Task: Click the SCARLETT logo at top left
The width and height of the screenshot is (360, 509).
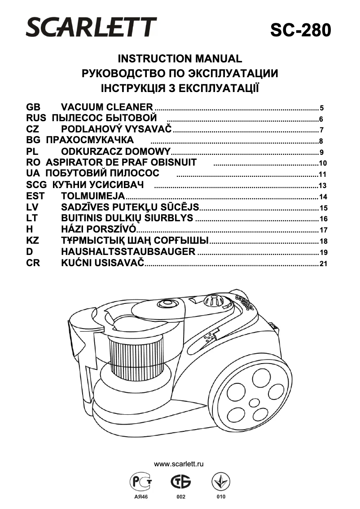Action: [x=91, y=27]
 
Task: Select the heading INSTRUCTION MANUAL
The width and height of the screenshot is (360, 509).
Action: [x=180, y=59]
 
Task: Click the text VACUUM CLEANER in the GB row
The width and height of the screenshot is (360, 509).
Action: [x=107, y=107]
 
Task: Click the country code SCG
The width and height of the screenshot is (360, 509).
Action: [x=36, y=185]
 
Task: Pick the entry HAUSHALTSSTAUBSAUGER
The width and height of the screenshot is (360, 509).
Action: [x=128, y=251]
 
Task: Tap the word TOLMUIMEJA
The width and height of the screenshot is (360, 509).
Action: [x=93, y=196]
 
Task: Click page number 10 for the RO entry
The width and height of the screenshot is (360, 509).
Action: [x=322, y=163]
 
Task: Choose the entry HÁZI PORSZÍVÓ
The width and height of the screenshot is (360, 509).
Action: [x=98, y=229]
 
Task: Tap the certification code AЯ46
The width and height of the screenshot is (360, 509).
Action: [x=141, y=497]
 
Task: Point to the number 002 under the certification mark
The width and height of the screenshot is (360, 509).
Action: [x=180, y=497]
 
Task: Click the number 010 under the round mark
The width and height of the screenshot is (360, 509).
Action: [x=221, y=497]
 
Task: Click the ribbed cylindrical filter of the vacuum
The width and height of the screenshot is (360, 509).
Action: [x=136, y=355]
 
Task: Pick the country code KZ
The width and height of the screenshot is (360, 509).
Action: [x=33, y=241]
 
